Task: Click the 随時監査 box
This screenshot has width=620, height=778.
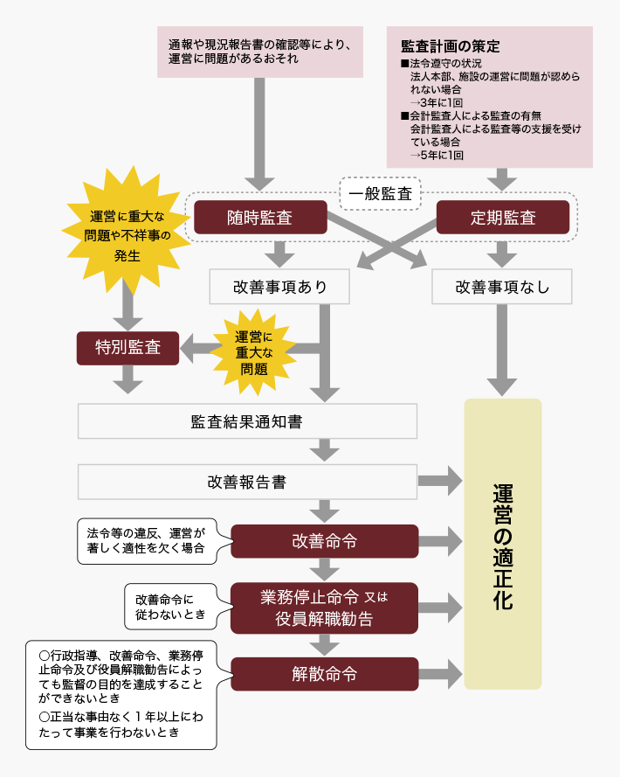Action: tap(260, 218)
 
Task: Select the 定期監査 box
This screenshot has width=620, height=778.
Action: tap(502, 218)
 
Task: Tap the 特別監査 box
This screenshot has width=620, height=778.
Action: tap(127, 347)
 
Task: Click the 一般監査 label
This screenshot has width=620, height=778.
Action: tap(380, 194)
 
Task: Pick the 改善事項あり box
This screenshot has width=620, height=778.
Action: tap(279, 286)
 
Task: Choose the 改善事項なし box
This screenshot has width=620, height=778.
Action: tap(502, 286)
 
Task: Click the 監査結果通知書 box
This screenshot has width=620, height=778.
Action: tap(247, 420)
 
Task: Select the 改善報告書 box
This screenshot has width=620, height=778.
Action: tap(247, 481)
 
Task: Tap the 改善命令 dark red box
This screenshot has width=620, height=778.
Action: tap(324, 541)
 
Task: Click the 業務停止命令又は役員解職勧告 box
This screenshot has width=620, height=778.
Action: tap(324, 608)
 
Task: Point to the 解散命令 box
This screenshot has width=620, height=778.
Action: tap(324, 674)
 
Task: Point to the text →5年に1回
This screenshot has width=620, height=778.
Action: tap(437, 154)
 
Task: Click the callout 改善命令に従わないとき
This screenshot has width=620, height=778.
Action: tap(171, 607)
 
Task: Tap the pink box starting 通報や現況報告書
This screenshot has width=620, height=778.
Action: tap(259, 52)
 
